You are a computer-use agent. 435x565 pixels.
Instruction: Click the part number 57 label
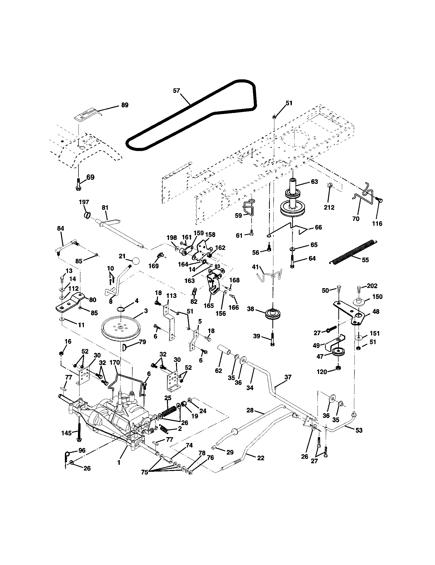[x=176, y=91]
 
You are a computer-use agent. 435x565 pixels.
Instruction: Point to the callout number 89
[x=124, y=105]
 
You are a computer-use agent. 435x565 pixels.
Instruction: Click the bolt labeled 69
[x=78, y=184]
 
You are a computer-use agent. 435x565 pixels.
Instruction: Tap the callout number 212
[x=329, y=207]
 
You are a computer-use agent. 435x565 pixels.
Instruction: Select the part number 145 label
[x=66, y=433]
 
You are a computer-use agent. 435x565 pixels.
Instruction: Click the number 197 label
[x=84, y=202]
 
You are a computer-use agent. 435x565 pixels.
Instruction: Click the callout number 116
[x=377, y=223]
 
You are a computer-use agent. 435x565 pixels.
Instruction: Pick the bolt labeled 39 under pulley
[x=273, y=340]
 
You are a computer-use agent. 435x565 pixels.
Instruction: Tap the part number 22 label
[x=261, y=458]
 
